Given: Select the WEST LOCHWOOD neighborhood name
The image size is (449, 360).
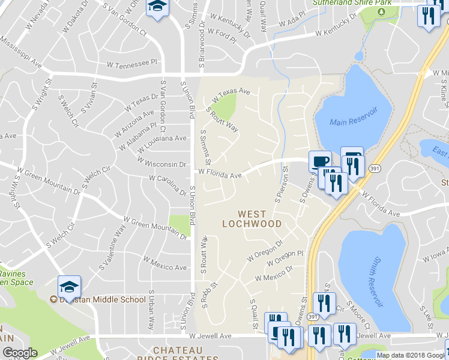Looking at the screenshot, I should pyautogui.click(x=259, y=218).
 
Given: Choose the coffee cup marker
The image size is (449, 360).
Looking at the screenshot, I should pyautogui.click(x=319, y=161).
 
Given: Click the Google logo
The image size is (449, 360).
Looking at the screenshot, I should pyautogui.click(x=20, y=353).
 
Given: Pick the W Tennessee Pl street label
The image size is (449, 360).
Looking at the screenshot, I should pyautogui.click(x=131, y=62).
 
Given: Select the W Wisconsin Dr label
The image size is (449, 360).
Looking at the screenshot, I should pyautogui.click(x=161, y=163).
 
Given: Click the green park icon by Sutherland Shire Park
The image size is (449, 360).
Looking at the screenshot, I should pyautogui.click(x=380, y=11).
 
